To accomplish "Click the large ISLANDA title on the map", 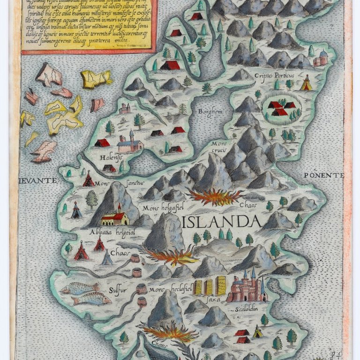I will tap(221, 221).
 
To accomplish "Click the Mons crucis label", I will tap(218, 146).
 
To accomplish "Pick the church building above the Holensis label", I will tap(130, 143).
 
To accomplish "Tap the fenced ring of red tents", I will tap(280, 108).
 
